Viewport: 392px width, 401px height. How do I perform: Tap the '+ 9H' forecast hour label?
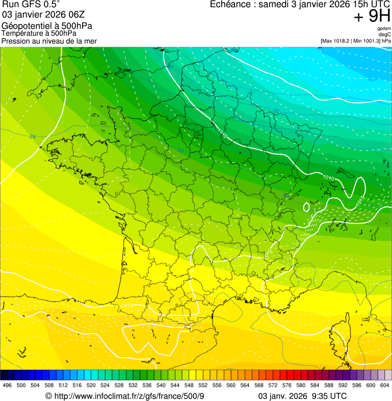coord(372,17)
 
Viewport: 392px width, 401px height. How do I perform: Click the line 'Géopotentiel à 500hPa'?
coord(47,26)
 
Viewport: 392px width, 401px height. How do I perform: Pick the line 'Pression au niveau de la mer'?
coord(49,41)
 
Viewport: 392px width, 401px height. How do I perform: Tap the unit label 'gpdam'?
coord(384,29)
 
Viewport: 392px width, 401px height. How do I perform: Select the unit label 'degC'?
coord(385,35)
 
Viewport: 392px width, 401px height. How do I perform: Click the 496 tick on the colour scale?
coord(7,385)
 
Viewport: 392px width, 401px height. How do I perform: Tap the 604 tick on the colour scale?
coord(384,385)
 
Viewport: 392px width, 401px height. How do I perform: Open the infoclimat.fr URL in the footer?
coord(128,396)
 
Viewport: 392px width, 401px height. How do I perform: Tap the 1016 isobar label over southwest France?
coord(127,306)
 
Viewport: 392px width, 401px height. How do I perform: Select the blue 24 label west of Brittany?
coord(33,136)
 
